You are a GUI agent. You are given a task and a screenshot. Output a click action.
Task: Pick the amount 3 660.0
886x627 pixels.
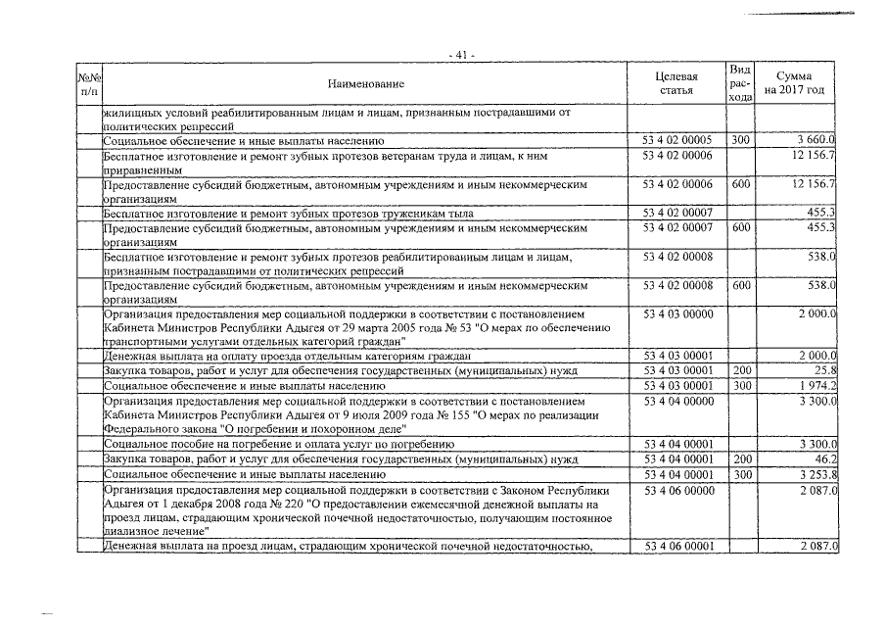tap(815, 140)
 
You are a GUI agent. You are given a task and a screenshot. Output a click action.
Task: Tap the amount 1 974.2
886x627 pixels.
tap(816, 387)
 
